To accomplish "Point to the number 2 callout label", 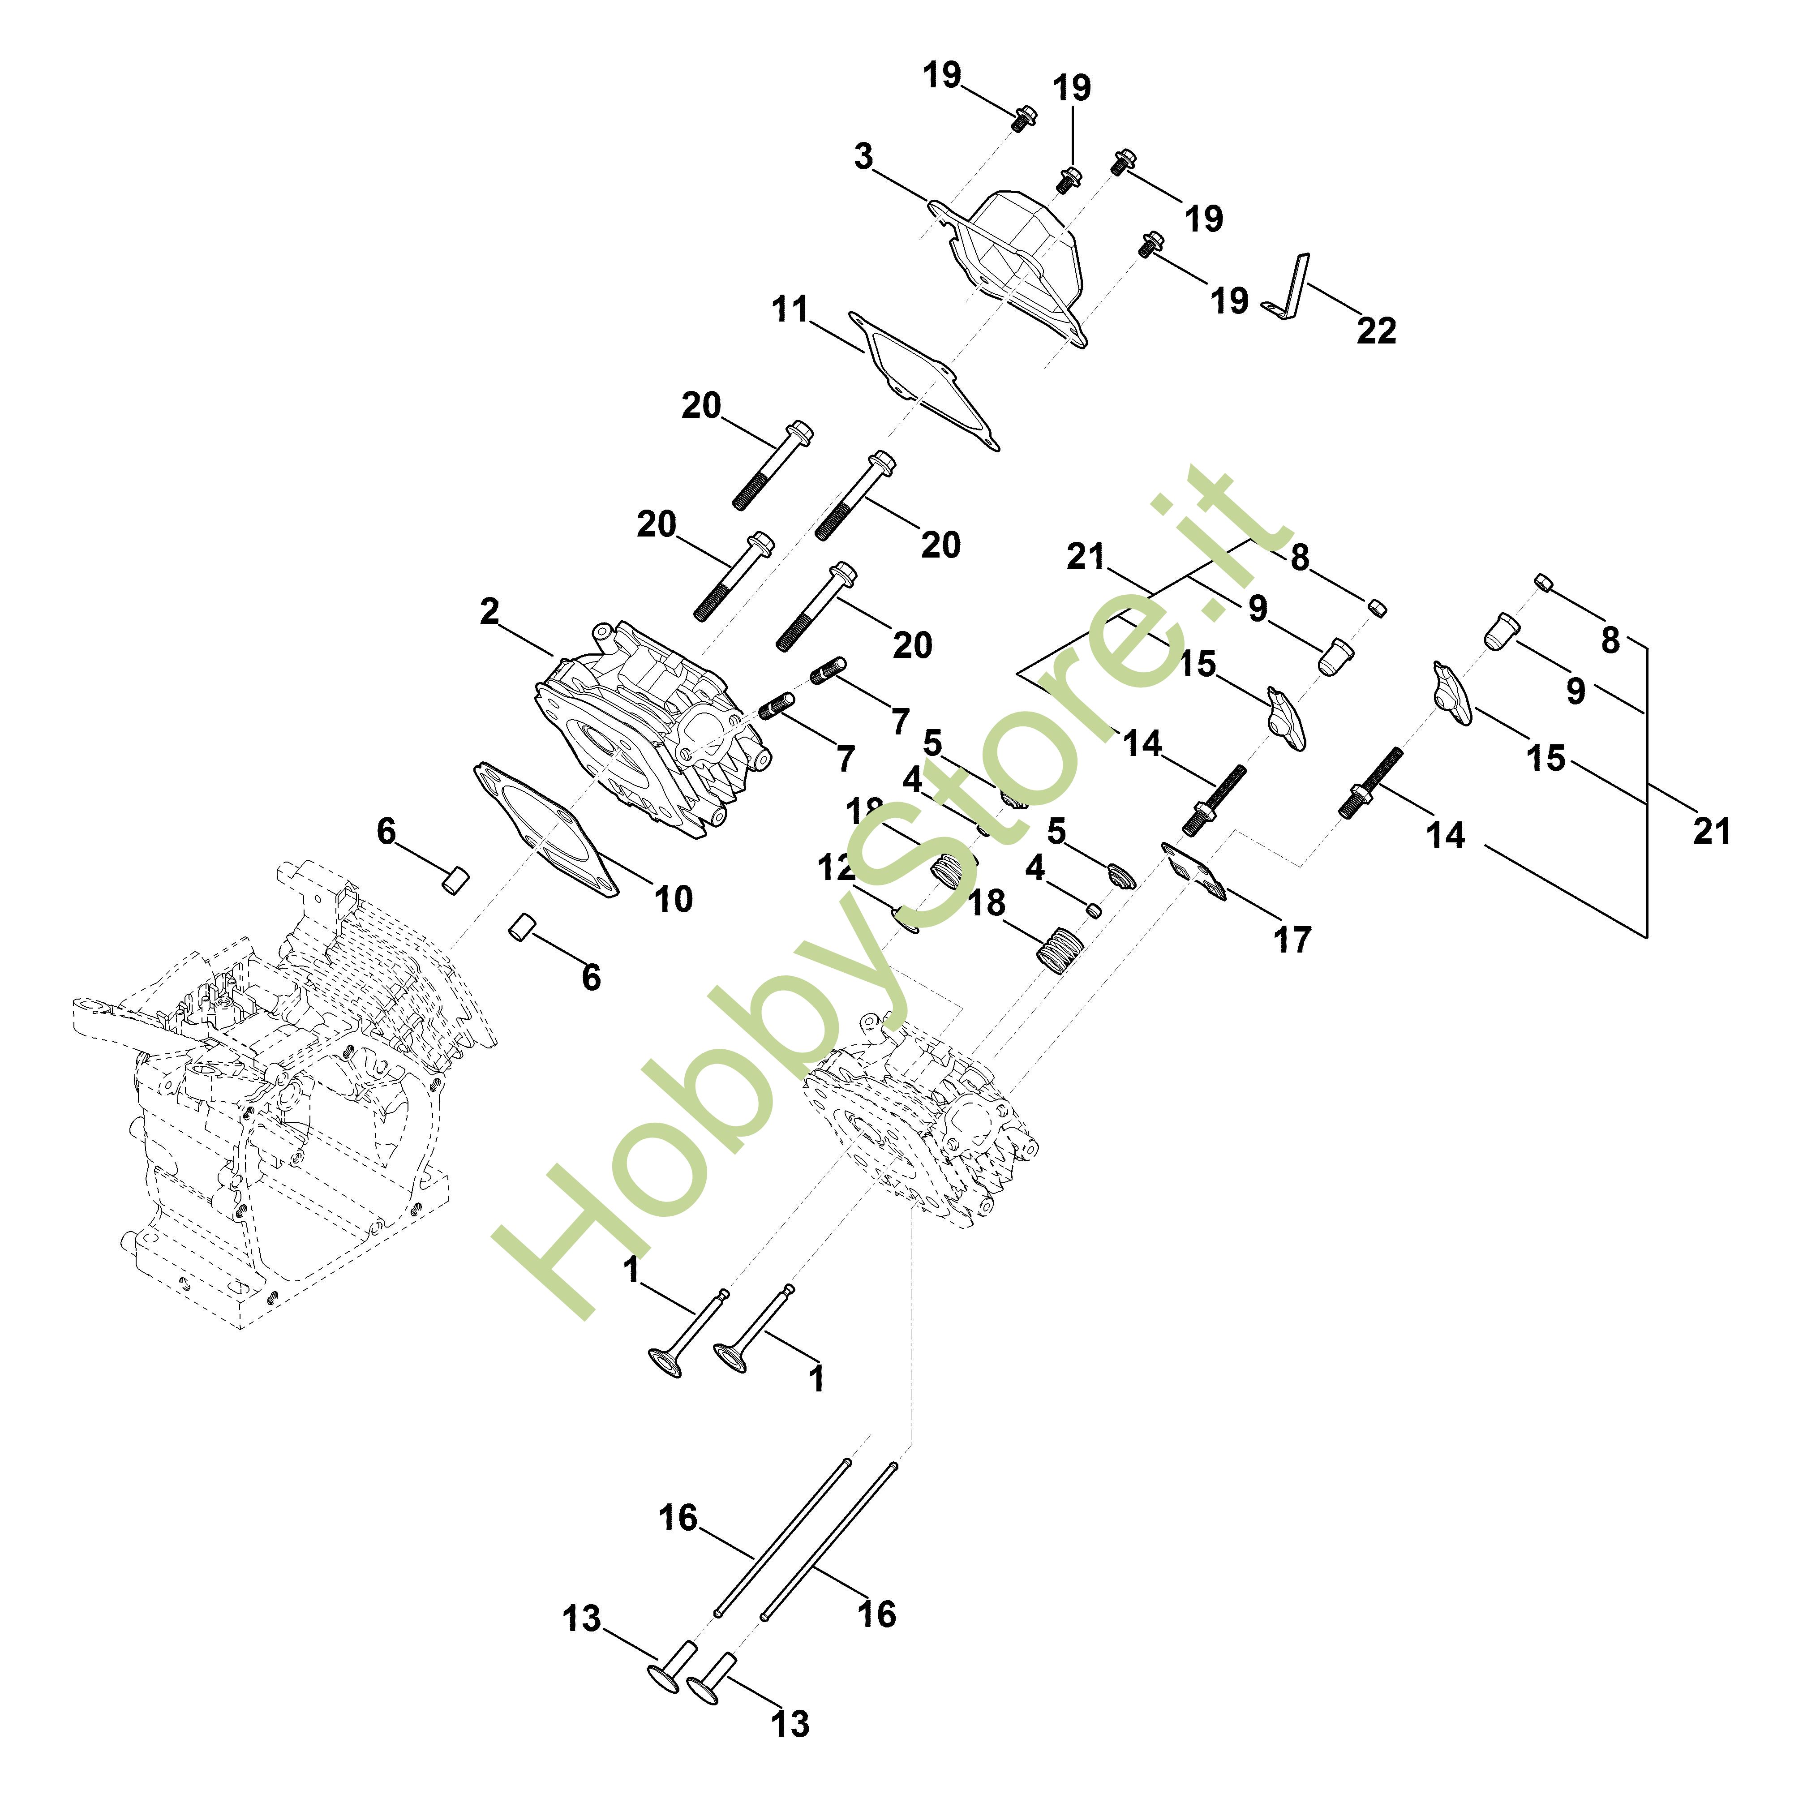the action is pyautogui.click(x=489, y=612).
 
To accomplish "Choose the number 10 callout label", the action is pyautogui.click(x=673, y=899).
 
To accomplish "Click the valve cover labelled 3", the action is pyautogui.click(x=1022, y=261).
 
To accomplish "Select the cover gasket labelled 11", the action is pyautogui.click(x=924, y=382).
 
